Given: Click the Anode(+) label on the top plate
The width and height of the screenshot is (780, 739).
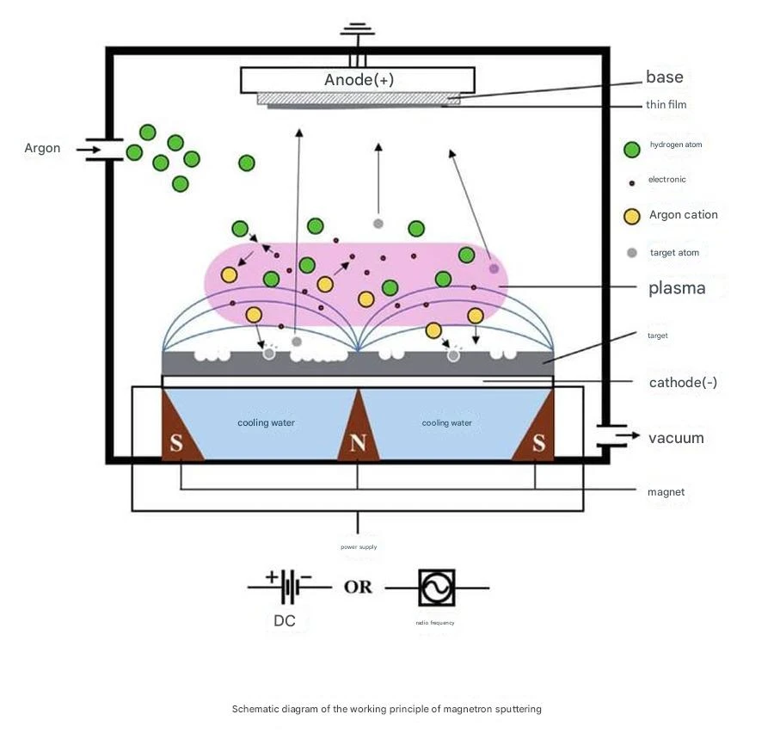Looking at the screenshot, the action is click(x=359, y=80).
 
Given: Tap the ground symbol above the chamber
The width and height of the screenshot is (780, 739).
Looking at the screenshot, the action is click(x=358, y=30).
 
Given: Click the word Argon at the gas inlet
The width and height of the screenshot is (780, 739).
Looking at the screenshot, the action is click(x=42, y=148).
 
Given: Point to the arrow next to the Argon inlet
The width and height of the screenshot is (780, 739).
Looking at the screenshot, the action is click(x=88, y=150).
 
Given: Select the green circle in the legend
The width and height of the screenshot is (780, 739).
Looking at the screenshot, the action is click(x=632, y=150).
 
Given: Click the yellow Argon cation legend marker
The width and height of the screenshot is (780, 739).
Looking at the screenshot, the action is click(x=632, y=217).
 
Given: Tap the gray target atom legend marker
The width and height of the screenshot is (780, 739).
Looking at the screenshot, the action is click(x=632, y=253).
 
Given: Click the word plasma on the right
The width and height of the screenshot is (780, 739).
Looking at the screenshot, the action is click(x=677, y=288).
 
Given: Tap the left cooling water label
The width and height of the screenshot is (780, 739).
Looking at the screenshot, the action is click(x=266, y=422).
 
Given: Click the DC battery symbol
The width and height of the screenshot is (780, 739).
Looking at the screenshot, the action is click(x=289, y=588).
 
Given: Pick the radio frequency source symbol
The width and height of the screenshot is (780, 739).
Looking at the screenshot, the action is click(x=437, y=588).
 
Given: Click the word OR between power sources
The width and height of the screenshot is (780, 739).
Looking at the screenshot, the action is click(x=358, y=588).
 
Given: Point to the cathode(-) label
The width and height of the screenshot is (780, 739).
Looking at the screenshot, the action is click(x=683, y=383).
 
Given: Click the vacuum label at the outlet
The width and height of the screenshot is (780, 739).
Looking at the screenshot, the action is click(x=676, y=439).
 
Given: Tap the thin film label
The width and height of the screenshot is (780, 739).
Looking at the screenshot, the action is click(x=666, y=104).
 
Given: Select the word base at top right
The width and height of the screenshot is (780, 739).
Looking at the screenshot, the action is click(x=665, y=77).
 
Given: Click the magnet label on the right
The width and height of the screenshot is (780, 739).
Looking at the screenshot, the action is click(x=666, y=492).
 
